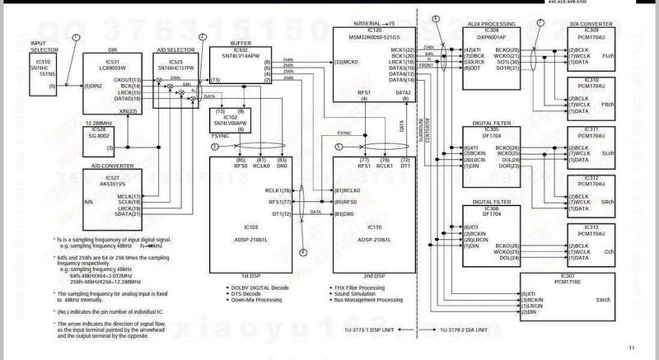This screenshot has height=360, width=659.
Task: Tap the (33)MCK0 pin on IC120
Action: pos(345,62)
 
